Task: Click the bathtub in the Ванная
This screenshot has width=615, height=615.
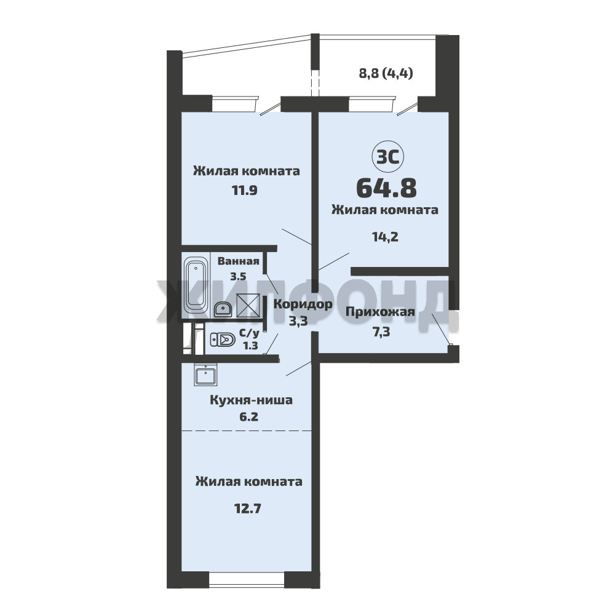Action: tap(196, 285)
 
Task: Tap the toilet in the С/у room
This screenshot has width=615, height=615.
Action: tap(223, 339)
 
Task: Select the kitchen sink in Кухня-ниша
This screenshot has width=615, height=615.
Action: tap(205, 375)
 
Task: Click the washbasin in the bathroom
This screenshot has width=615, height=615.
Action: tap(223, 309)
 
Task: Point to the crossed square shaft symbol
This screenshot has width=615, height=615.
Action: tap(248, 305)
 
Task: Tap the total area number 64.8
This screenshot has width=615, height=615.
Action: tap(386, 188)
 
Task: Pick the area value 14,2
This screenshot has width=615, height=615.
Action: tap(385, 237)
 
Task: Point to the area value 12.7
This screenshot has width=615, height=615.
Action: tap(247, 509)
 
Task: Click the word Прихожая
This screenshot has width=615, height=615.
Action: tap(379, 312)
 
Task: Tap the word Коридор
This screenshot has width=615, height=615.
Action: tap(303, 304)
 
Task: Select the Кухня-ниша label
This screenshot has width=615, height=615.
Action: tap(252, 400)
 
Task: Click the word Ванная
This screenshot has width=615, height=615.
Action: tap(239, 261)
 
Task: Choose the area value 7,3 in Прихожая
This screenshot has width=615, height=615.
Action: tap(381, 332)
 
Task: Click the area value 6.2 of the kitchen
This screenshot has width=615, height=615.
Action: tap(248, 416)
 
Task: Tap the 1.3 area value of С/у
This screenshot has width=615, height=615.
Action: tap(251, 346)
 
